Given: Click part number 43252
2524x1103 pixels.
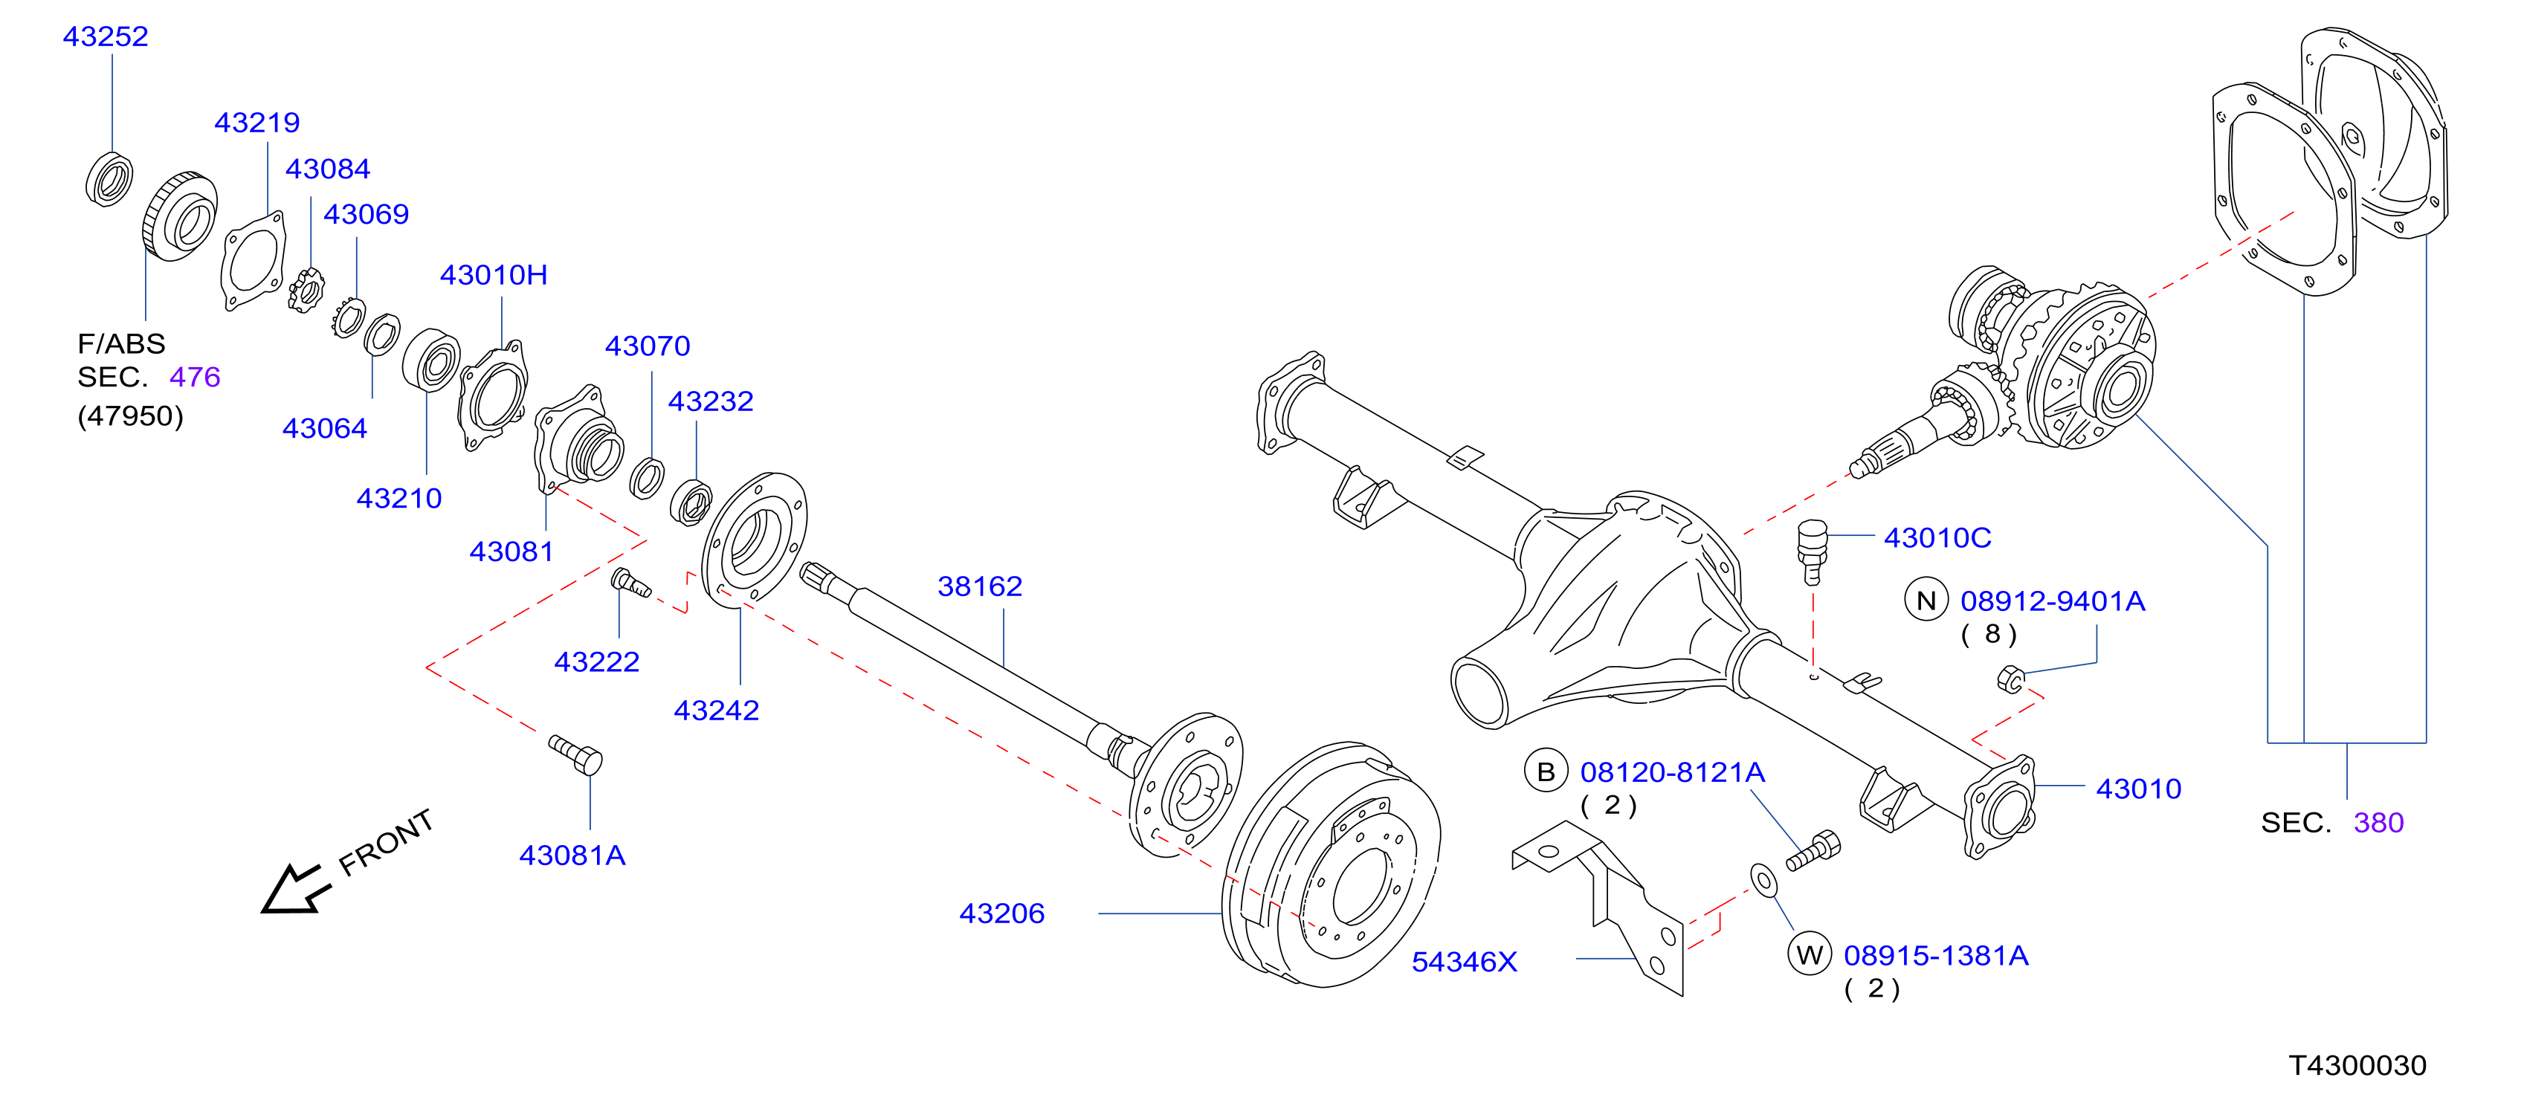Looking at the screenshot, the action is click(x=106, y=36).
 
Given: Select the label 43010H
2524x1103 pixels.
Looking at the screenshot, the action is click(x=494, y=275).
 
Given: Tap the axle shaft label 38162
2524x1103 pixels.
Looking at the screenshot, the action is click(x=980, y=586).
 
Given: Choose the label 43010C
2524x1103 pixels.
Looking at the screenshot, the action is click(x=1938, y=538).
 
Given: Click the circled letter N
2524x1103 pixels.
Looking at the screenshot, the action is click(x=1926, y=601).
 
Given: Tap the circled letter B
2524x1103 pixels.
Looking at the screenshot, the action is click(x=1546, y=772).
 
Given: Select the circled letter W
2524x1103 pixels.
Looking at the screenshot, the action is click(x=1810, y=955).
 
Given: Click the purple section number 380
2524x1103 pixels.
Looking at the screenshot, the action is click(x=2379, y=823).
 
